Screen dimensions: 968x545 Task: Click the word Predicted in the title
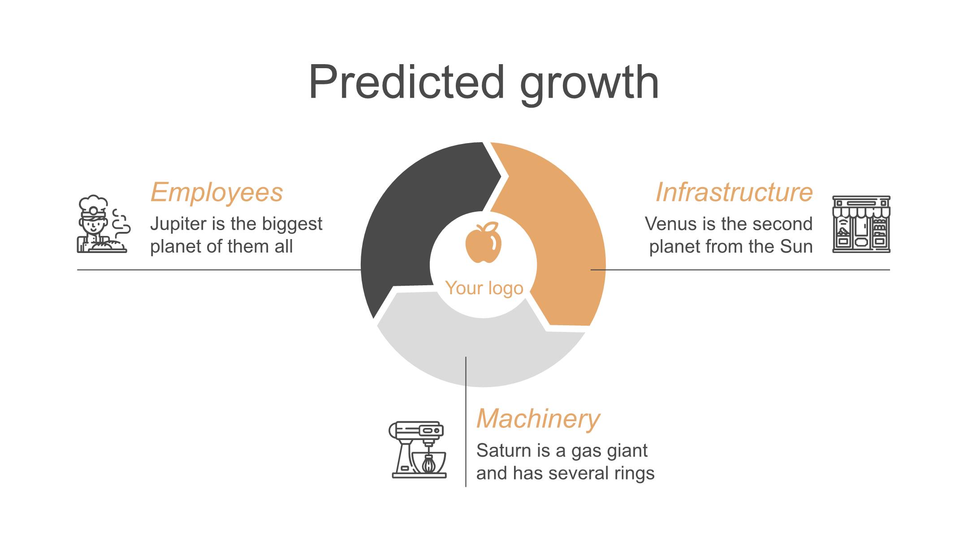[406, 82]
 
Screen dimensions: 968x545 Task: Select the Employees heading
[216, 193]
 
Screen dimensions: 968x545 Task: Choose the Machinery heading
[538, 419]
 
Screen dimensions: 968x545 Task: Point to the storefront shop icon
[861, 224]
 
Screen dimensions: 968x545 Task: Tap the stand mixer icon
[418, 449]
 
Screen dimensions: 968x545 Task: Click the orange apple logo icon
[483, 242]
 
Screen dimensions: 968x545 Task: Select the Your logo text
[484, 288]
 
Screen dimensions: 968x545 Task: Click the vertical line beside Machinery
[466, 422]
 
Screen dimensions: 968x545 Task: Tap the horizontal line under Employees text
[219, 270]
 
